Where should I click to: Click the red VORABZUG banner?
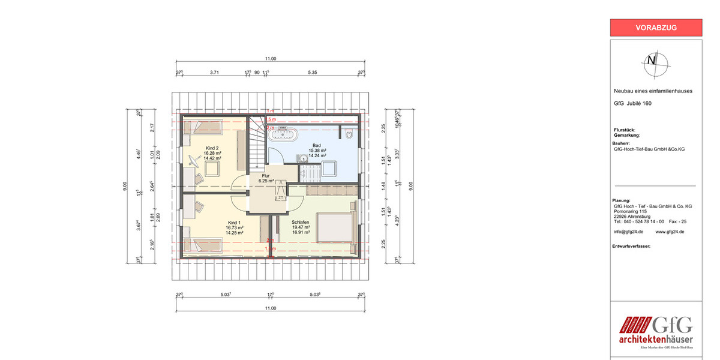coord(656,28)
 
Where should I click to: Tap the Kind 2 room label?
coord(212,148)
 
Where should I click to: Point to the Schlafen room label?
coord(301,223)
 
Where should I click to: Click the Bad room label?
coord(317,145)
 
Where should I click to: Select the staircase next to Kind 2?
coord(257,141)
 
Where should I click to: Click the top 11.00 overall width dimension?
coord(271,59)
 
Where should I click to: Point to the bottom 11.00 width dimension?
coord(271,308)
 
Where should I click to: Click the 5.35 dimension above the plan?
coord(312,72)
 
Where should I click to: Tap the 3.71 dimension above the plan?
coord(214,72)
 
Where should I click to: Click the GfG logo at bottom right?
coord(656,332)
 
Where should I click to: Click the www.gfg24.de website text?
coord(670,231)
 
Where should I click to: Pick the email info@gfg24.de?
coord(628,231)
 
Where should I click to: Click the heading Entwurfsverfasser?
coord(631,246)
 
